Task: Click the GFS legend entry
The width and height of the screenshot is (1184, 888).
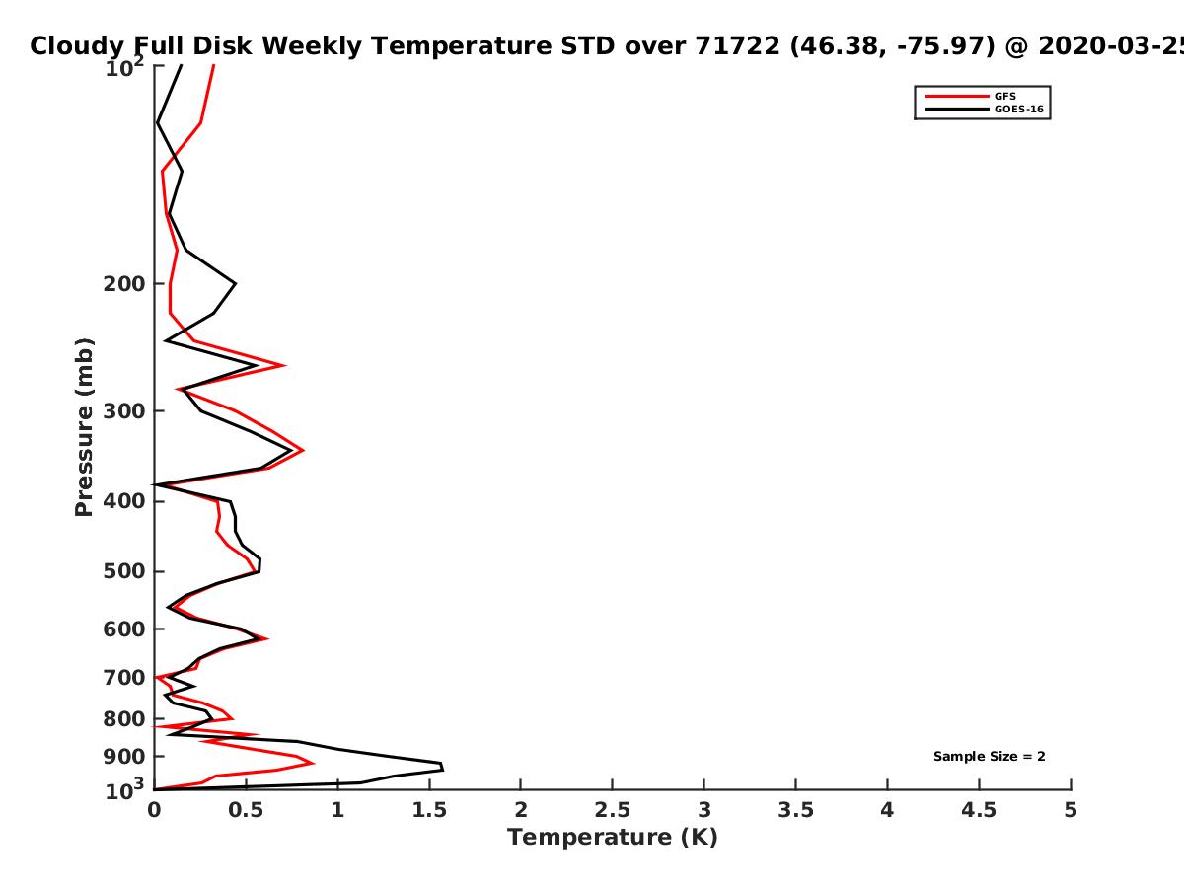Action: tap(971, 96)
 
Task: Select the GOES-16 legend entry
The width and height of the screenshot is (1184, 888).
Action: tap(985, 109)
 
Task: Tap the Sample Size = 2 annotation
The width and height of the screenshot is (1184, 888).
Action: tap(990, 757)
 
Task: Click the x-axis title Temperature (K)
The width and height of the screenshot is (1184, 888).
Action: tap(613, 838)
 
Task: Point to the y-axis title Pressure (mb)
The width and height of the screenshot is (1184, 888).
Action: tap(84, 427)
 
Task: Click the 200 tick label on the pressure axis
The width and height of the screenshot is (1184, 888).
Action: tap(124, 283)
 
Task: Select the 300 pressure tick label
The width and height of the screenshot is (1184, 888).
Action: tap(124, 411)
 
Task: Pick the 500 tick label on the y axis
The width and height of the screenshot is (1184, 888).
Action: tap(124, 571)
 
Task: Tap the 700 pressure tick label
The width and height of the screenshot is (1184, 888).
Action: tap(124, 678)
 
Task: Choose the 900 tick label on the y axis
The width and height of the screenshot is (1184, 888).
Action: tap(124, 757)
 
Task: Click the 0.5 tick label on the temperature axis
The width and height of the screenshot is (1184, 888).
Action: tap(246, 810)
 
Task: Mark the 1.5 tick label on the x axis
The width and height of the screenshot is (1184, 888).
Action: tap(429, 810)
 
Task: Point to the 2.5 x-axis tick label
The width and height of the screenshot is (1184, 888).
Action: tap(613, 810)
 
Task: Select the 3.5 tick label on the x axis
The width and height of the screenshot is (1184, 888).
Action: tap(795, 810)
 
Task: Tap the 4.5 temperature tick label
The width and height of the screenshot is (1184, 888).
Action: tap(979, 810)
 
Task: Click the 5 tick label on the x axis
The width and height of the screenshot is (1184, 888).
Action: tap(1071, 810)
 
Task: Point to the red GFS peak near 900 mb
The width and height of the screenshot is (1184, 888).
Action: tap(313, 763)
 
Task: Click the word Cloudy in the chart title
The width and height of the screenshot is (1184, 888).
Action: tap(77, 46)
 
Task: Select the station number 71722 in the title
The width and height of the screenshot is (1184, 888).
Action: tap(737, 45)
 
